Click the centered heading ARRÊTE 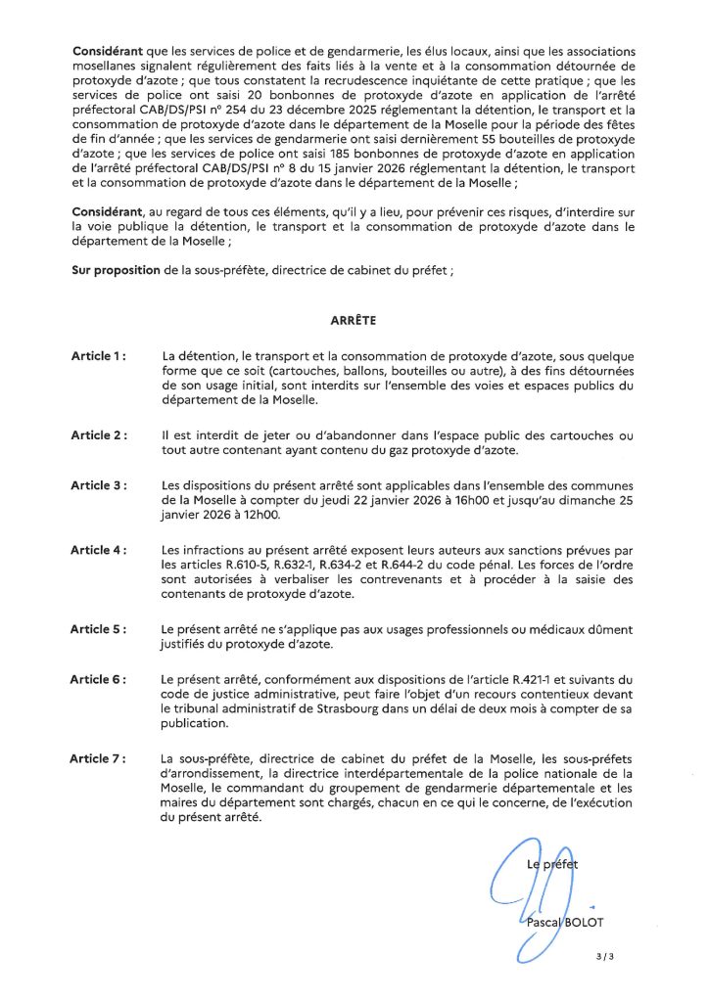(354, 319)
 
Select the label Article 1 (97, 356)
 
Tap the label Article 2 (98, 434)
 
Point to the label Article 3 (98, 485)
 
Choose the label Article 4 (98, 550)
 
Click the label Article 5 (98, 628)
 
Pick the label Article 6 (98, 679)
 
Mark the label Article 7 (98, 757)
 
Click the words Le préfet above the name (552, 864)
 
